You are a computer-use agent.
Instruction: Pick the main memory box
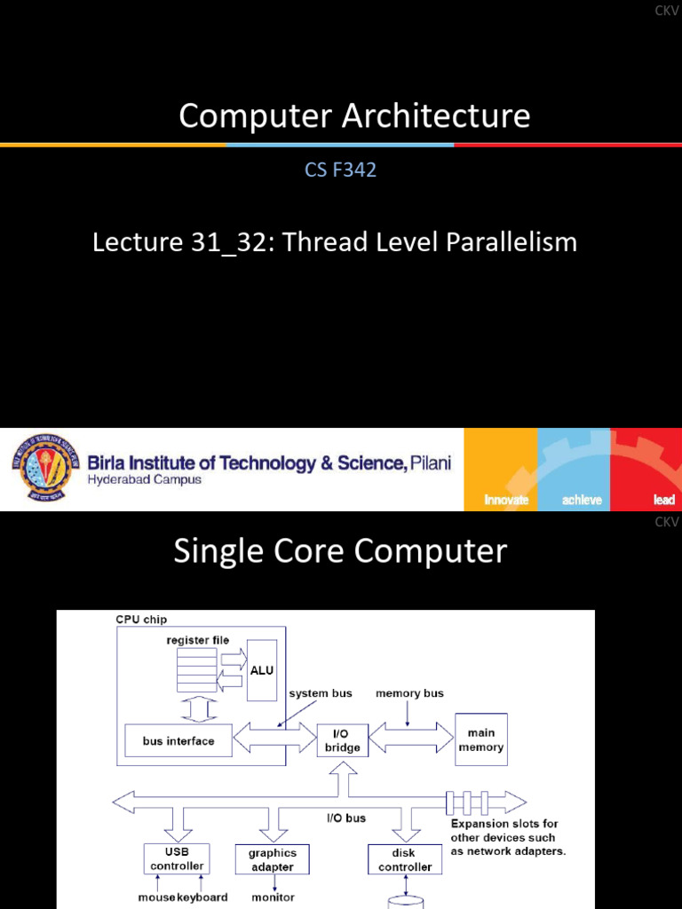[x=480, y=739]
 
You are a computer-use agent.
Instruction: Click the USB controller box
[x=177, y=858]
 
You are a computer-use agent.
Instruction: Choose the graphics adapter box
[x=272, y=859]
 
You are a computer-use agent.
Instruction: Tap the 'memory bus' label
[x=409, y=693]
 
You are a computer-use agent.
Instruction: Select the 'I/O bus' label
[x=346, y=818]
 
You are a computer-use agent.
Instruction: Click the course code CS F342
[x=341, y=170]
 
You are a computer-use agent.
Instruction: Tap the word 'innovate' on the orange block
[x=506, y=500]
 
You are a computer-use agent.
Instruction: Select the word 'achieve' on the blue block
[x=582, y=500]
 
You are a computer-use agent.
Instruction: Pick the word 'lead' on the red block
[x=663, y=500]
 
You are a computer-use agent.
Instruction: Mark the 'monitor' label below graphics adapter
[x=273, y=897]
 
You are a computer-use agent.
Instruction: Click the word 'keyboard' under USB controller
[x=202, y=897]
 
